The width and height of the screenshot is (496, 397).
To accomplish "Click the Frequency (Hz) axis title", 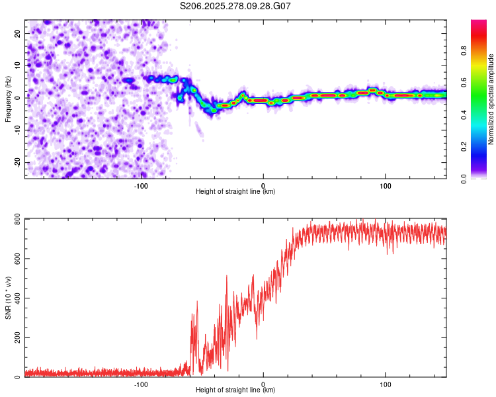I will pyautogui.click(x=8, y=99).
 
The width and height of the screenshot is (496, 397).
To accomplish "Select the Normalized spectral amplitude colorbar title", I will pyautogui.click(x=491, y=99).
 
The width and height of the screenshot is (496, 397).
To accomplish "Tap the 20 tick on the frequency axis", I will pyautogui.click(x=18, y=32).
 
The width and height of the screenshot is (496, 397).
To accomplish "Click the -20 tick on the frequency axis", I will pyautogui.click(x=17, y=162).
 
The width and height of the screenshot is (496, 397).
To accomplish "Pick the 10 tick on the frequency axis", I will pyautogui.click(x=18, y=65).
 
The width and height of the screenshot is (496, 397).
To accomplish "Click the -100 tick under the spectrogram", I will pyautogui.click(x=141, y=185).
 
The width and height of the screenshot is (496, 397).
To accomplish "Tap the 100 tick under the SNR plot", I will pyautogui.click(x=385, y=384).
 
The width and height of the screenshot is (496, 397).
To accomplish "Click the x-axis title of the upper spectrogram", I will pyautogui.click(x=235, y=192).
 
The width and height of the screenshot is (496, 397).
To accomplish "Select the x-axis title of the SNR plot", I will pyautogui.click(x=235, y=390).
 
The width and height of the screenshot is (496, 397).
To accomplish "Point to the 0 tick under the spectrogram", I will pyautogui.click(x=263, y=185).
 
